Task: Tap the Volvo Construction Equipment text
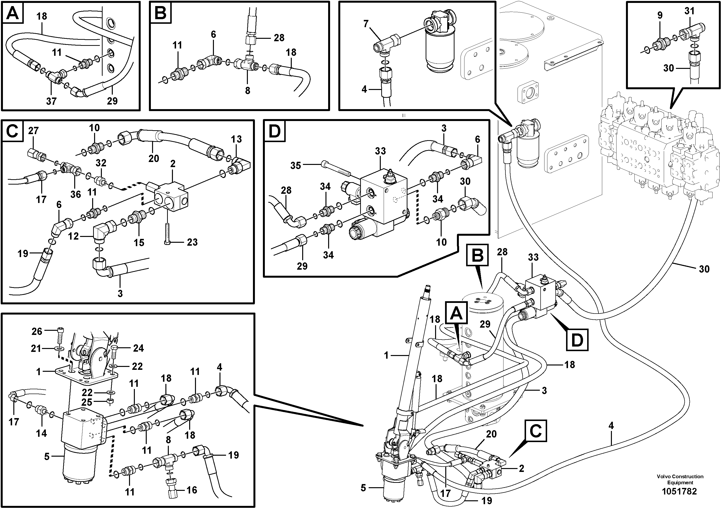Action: tap(680, 479)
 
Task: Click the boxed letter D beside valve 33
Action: tap(577, 340)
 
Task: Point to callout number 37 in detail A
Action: tap(51, 101)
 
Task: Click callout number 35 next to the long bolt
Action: tap(296, 165)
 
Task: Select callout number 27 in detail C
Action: tap(33, 130)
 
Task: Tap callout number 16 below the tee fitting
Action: tap(192, 490)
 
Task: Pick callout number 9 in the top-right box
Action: tap(660, 15)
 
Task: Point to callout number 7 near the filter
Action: tap(366, 24)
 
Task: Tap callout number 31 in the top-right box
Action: tap(689, 11)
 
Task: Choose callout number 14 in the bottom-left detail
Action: tap(41, 433)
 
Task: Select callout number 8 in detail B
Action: tap(247, 90)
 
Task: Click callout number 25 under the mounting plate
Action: tap(87, 402)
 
